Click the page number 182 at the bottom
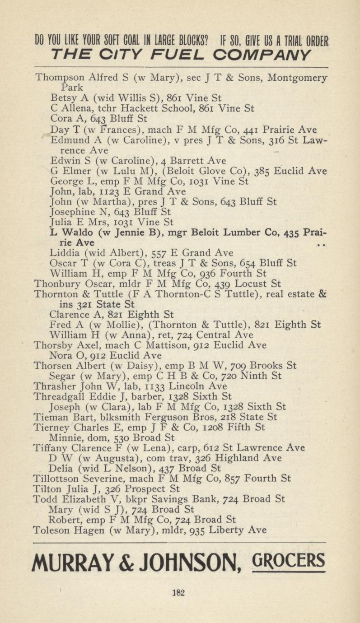(180, 592)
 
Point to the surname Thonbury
(52, 284)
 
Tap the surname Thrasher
(52, 386)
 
